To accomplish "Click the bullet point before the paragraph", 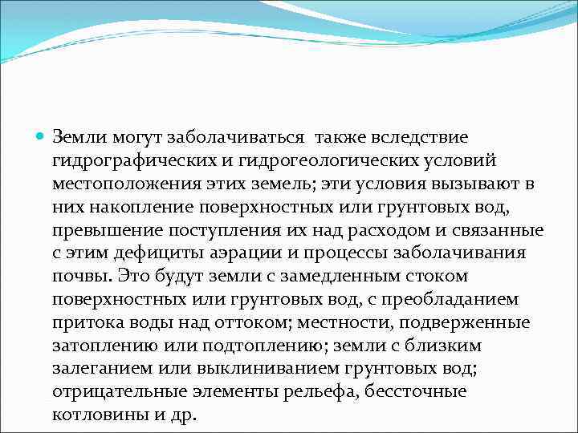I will pyautogui.click(x=42, y=137).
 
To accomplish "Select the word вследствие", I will pyautogui.click(x=422, y=138).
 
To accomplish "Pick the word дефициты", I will pyautogui.click(x=164, y=253).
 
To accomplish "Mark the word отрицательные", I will pyautogui.click(x=116, y=392).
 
